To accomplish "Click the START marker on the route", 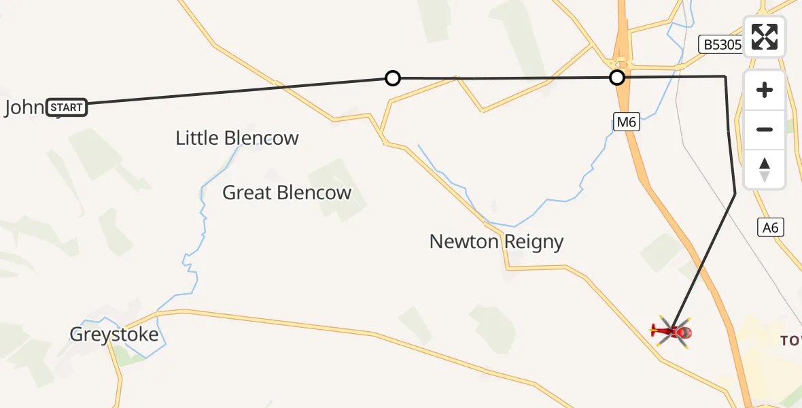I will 67,107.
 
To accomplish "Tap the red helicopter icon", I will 672,332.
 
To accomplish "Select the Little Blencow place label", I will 237,138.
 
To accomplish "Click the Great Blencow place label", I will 287,192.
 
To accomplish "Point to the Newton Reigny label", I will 496,241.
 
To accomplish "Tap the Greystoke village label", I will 114,335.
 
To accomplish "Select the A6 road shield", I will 771,228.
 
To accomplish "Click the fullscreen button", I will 765,37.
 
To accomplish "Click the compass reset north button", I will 765,169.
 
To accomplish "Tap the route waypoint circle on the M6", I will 617,78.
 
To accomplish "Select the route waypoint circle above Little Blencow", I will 392,78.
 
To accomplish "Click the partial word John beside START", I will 23,107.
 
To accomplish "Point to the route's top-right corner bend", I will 725,77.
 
